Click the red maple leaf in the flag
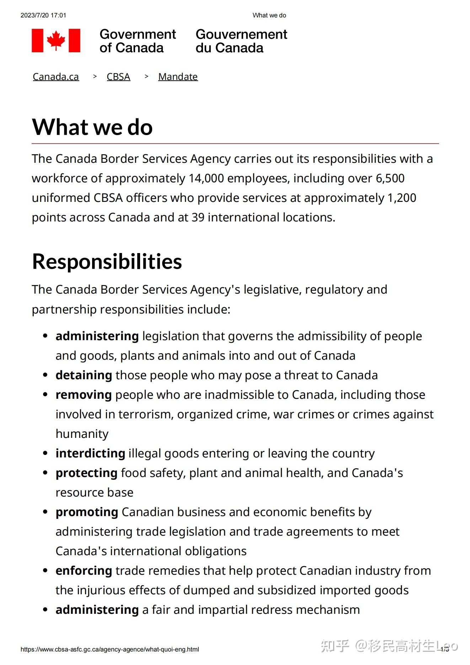pos(56,40)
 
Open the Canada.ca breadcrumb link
pos(56,77)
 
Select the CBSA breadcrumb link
pos(118,77)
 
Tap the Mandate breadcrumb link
pos(178,77)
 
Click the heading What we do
pos(92,127)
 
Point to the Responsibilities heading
pos(107,262)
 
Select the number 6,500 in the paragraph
pos(390,178)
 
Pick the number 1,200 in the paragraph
pos(402,198)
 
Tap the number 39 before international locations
pos(198,218)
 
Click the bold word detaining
pos(84,375)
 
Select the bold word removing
pos(84,395)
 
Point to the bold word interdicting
pos(90,454)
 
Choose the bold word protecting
pos(86,473)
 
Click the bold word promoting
pos(87,512)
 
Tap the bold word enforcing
pos(84,571)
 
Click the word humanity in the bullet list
pos(82,434)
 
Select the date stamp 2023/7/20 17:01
pos(43,15)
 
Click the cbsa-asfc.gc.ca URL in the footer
pos(110,649)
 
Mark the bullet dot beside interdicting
pos(45,453)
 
